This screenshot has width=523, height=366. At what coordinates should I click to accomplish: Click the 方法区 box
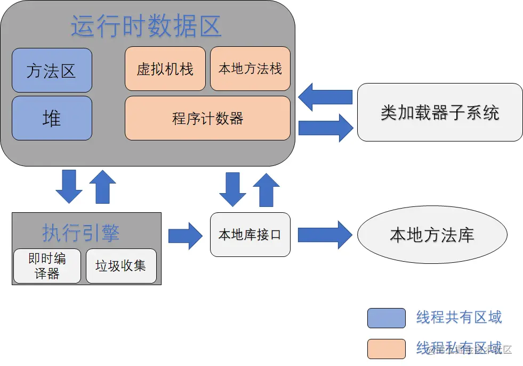[52, 70]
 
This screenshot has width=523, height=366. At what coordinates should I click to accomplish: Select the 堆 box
[52, 118]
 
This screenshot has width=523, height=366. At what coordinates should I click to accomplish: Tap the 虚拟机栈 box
[165, 69]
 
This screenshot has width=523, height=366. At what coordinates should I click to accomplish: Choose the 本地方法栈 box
[250, 69]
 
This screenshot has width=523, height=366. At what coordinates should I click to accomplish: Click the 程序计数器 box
[207, 118]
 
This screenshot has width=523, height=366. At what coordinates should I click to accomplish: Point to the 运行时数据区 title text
[146, 26]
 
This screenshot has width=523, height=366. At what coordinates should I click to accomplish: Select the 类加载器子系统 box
[439, 112]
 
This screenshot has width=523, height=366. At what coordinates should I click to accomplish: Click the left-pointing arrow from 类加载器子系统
[325, 97]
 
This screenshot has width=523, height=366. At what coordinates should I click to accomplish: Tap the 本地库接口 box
[250, 235]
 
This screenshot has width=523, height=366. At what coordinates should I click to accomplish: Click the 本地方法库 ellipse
[432, 235]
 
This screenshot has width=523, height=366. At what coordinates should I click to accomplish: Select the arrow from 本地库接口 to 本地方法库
[325, 235]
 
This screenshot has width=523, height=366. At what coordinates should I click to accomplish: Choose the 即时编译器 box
[47, 266]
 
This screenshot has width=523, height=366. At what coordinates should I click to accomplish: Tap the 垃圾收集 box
[121, 266]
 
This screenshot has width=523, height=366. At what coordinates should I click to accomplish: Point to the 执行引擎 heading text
[81, 233]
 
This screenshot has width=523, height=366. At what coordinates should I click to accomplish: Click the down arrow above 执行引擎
[69, 186]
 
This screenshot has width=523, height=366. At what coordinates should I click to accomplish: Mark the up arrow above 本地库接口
[265, 189]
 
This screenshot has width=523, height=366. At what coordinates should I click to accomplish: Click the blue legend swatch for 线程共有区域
[386, 318]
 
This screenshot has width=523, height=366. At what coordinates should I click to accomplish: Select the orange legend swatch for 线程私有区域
[386, 348]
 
